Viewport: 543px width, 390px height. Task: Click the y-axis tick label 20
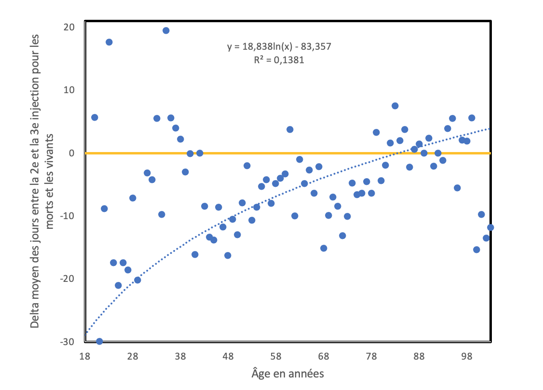69,27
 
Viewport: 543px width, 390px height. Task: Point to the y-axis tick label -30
68,342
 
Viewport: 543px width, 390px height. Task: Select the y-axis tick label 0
71,153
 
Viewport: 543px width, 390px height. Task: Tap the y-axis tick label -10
68,216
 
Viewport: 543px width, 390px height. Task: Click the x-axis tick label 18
85,358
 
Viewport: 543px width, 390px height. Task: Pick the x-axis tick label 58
276,358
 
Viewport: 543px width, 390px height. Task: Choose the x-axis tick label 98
467,358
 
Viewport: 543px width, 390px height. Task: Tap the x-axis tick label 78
371,358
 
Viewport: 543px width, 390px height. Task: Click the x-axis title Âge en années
287,374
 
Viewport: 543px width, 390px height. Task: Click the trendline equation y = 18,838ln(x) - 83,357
279,47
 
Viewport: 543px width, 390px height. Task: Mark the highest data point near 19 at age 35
166,30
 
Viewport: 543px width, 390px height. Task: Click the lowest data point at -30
99,341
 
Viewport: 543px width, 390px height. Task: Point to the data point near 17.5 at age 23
109,42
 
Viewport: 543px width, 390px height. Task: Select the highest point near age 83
395,106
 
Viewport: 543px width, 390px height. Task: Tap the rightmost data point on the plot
490,227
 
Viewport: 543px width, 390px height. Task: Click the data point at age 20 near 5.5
95,117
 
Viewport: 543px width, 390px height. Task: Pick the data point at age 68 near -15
324,248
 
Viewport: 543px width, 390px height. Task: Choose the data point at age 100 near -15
476,250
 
